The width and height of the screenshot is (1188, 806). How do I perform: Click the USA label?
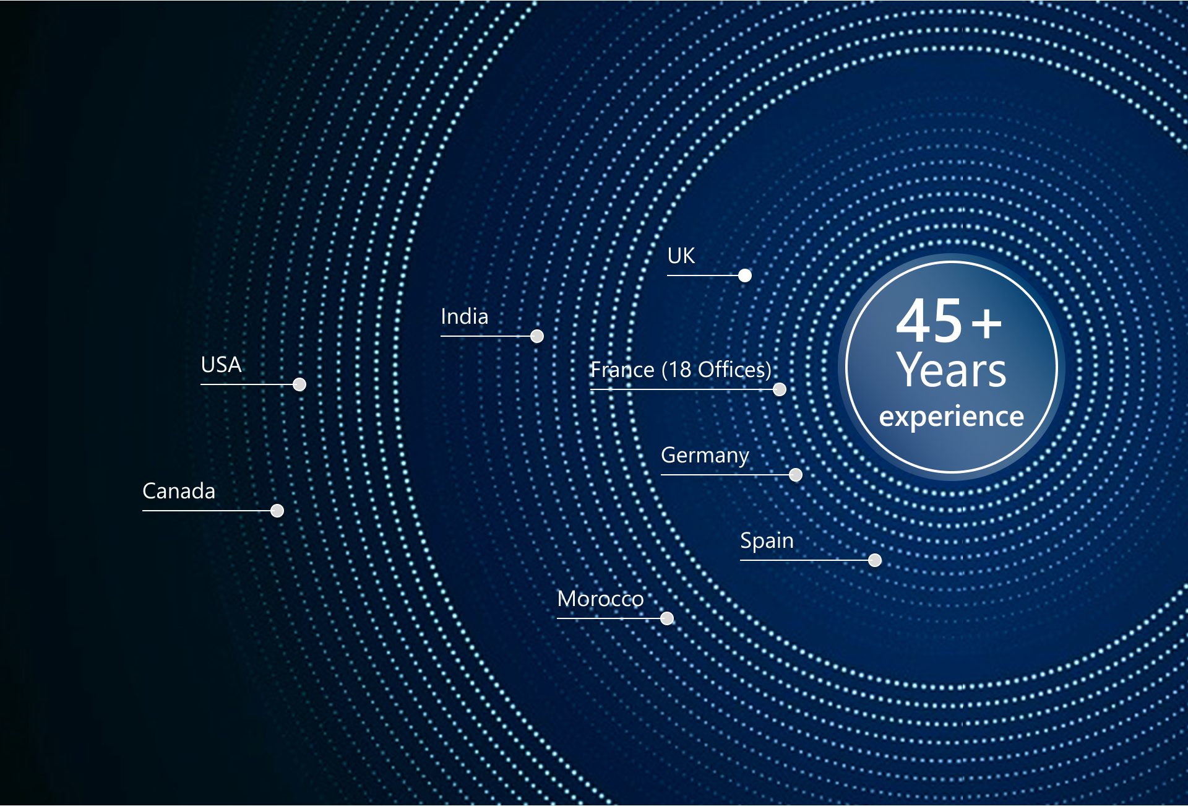(x=221, y=365)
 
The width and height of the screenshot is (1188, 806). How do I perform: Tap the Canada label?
(x=179, y=491)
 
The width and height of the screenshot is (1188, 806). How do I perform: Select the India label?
(x=465, y=316)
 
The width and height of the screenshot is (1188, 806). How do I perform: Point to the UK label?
(x=681, y=256)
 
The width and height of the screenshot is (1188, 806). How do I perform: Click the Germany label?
(x=705, y=456)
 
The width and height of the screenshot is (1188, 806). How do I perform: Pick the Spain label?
(x=767, y=541)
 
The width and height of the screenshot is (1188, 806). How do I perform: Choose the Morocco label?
(x=600, y=599)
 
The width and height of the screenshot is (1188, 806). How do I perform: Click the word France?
(x=622, y=370)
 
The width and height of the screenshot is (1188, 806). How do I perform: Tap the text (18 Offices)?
(x=717, y=370)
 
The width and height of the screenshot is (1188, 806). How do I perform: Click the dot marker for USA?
(x=299, y=384)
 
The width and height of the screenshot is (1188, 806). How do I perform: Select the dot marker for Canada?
(x=277, y=511)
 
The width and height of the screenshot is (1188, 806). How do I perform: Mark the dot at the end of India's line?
(x=537, y=336)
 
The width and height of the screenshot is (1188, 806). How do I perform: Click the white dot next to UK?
(x=745, y=275)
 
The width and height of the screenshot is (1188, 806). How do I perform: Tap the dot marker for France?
(x=780, y=389)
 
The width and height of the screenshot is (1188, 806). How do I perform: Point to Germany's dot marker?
(x=796, y=475)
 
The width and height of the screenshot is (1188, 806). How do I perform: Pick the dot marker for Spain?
(x=875, y=560)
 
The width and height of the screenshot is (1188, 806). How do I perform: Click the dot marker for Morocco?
(x=667, y=618)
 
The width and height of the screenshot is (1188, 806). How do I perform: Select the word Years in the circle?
(x=952, y=370)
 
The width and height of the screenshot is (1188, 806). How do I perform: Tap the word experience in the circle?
(x=952, y=417)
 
